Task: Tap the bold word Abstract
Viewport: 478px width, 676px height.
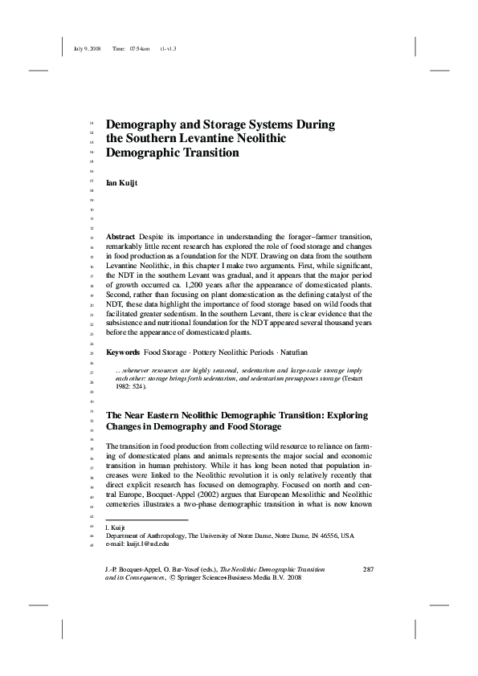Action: click(121, 238)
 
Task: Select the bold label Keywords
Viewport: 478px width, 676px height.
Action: click(123, 352)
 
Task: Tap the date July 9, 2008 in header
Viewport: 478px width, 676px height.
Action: click(86, 49)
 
